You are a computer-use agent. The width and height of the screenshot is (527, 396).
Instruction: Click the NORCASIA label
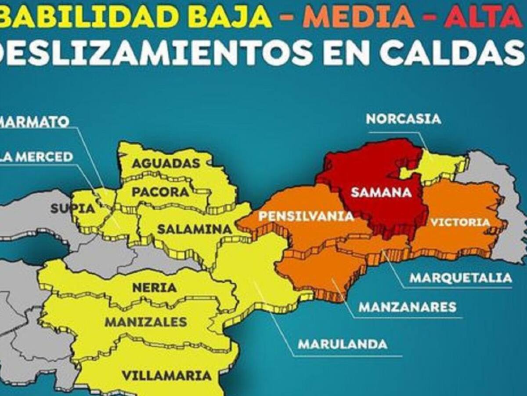tap(403, 119)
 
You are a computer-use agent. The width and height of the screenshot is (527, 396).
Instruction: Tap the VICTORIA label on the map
tap(460, 222)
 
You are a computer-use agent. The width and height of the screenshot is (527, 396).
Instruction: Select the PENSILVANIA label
tap(306, 216)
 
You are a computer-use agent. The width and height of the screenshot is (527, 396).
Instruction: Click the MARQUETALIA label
tap(461, 278)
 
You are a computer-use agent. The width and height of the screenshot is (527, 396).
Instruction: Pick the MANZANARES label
tap(408, 307)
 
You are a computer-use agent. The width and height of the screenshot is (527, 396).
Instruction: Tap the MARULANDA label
tap(343, 344)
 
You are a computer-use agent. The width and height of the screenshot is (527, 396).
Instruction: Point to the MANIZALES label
tap(146, 322)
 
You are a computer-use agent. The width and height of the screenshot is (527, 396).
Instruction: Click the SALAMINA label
tap(195, 229)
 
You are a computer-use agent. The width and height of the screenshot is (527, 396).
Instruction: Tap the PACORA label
tap(160, 192)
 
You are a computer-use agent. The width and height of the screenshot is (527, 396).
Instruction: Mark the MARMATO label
tap(34, 121)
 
